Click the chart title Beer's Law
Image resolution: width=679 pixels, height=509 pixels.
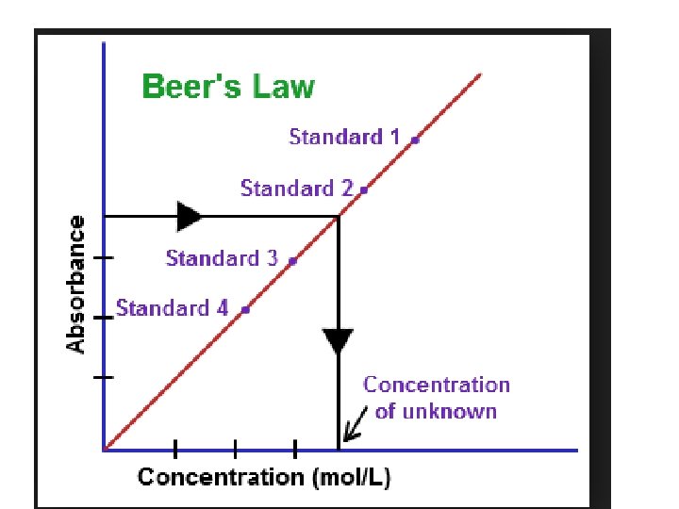228,88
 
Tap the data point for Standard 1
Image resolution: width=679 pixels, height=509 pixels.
415,139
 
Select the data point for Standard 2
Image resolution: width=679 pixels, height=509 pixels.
364,189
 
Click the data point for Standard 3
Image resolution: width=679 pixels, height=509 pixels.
292,260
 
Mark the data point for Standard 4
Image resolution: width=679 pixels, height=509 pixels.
245,309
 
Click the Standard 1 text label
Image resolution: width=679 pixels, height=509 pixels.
344,137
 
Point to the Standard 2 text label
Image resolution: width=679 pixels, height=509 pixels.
296,189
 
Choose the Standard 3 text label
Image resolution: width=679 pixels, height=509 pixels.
222,257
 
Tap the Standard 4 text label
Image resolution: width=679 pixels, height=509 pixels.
173,308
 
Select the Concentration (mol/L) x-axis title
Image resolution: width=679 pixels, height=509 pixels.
264,477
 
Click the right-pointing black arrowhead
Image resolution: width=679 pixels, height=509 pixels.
189,216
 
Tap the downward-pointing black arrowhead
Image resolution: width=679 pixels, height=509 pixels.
338,341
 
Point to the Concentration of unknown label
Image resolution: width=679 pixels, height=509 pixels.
436,398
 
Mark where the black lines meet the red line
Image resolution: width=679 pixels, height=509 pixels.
339,217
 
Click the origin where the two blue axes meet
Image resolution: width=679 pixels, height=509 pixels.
104,450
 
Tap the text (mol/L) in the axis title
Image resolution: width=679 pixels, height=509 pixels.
351,477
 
